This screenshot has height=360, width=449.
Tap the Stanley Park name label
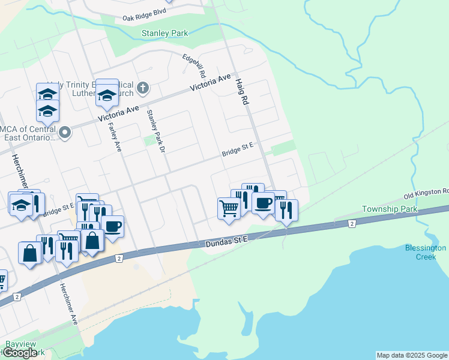164,34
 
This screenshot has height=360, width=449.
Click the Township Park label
389,209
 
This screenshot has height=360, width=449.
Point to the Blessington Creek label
425,252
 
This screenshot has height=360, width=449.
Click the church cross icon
142,88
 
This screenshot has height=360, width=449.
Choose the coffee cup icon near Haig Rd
263,203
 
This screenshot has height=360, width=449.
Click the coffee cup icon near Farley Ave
112,226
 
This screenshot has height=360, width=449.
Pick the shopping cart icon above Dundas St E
229,209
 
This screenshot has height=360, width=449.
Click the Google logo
20,353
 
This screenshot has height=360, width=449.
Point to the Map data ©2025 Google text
412,355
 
